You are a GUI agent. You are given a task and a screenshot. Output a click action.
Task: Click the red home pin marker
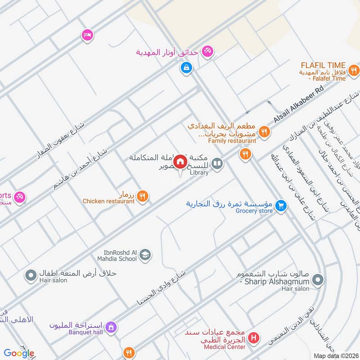(x=180, y=161)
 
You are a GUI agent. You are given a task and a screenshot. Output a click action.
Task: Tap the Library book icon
(x=217, y=163)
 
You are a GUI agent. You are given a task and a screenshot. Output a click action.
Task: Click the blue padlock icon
(x=185, y=68)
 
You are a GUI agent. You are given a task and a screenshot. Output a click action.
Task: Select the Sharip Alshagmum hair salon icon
(x=317, y=281)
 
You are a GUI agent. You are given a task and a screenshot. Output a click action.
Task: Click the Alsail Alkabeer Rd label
(x=299, y=106)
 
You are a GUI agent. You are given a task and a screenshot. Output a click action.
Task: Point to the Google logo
(x=19, y=353)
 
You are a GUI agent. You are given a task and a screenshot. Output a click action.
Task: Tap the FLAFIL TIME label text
(x=324, y=65)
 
